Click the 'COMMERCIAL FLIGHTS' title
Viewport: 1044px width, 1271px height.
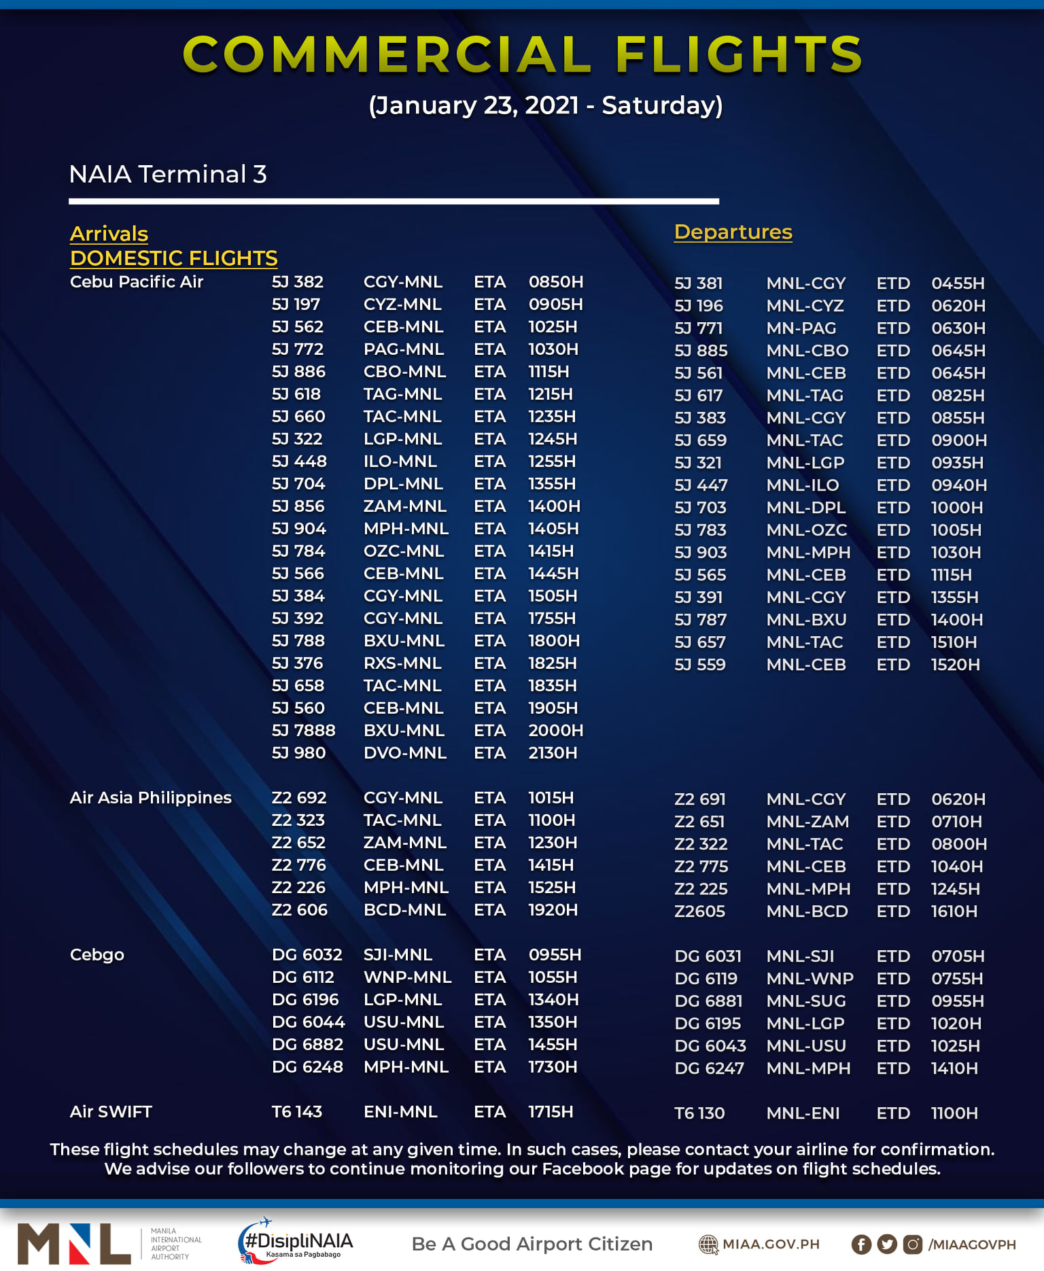(x=522, y=54)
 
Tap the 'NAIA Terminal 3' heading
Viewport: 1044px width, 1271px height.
(x=167, y=175)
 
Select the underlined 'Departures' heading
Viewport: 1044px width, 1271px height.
(x=733, y=232)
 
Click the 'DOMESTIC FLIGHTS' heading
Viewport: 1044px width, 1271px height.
(x=173, y=258)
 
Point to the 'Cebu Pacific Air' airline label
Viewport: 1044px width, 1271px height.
(x=137, y=282)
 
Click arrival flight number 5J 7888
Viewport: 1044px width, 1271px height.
(x=303, y=731)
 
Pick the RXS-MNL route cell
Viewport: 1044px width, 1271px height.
(x=402, y=663)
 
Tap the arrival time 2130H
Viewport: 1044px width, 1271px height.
(x=553, y=753)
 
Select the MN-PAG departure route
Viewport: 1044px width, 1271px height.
(x=801, y=328)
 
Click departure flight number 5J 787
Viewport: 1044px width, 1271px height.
(x=700, y=620)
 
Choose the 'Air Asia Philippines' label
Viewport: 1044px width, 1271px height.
(x=150, y=798)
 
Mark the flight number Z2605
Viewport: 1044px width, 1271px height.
(x=699, y=911)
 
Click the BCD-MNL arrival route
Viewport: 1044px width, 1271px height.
(x=404, y=910)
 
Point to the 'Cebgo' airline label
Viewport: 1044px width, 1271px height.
(x=97, y=955)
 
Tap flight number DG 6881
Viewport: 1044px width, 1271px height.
(x=708, y=1001)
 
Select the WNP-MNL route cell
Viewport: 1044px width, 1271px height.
(x=407, y=977)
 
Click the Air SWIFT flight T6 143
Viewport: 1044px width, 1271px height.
(x=296, y=1112)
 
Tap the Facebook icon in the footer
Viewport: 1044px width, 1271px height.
(x=860, y=1244)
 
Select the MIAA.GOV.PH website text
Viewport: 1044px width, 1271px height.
(x=770, y=1244)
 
